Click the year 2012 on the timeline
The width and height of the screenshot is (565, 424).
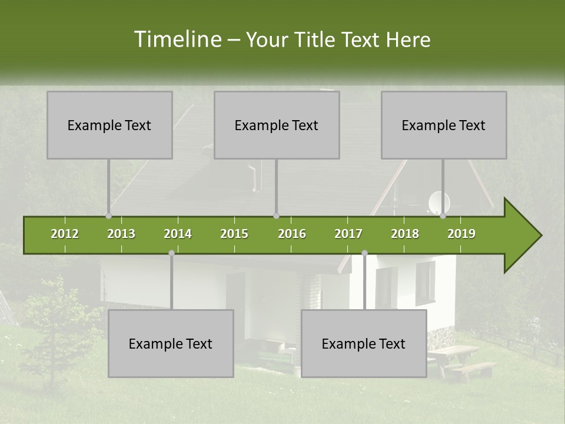point(65,234)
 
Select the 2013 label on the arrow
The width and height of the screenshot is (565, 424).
point(121,234)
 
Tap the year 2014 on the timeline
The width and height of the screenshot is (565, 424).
point(178,234)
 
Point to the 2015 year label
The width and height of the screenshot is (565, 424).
point(234,234)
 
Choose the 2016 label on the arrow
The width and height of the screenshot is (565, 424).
point(292,234)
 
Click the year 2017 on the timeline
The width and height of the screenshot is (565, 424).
point(348,234)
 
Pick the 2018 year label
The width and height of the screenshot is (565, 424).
point(405,234)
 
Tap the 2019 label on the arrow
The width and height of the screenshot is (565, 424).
point(461,234)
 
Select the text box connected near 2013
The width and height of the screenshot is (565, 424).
point(109,125)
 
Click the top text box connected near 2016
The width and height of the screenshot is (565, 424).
point(277,125)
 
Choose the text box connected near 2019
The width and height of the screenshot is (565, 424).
point(444,125)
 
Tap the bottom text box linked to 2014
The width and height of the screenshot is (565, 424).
point(171,343)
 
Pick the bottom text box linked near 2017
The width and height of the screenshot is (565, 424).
point(364,343)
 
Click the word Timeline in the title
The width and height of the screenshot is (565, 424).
point(177,39)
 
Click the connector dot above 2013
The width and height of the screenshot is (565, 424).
point(108,216)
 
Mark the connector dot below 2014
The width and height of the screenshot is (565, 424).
point(171,253)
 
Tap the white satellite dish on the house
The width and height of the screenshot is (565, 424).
point(438,201)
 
